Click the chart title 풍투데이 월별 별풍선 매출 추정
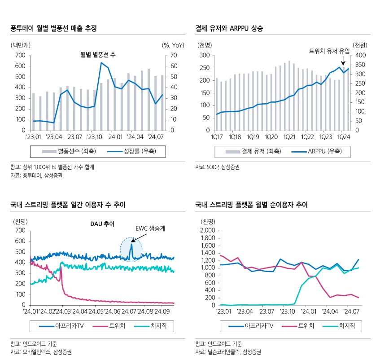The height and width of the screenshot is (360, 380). pos(53,28)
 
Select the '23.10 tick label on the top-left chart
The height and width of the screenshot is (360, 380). pos(95,137)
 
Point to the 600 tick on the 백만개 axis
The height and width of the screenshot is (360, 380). pos(20,66)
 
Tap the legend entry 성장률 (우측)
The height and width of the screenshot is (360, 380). pos(132,151)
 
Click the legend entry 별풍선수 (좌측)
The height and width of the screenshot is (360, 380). pos(69,151)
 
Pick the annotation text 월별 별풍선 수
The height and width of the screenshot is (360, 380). pos(98,55)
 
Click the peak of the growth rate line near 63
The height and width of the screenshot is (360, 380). pos(101,63)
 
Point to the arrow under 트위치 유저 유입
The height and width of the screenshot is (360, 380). pos(343,60)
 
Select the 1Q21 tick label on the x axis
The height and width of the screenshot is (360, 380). pos(289,137)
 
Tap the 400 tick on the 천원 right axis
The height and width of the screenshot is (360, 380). pos(360,55)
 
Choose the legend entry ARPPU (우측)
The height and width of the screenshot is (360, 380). pos(317,151)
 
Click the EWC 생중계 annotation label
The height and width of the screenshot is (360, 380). pos(150,228)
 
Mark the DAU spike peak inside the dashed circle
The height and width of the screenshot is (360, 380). pos(131,244)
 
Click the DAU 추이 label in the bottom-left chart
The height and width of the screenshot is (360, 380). pos(102,224)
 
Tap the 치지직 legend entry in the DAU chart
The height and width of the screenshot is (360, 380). pos(150,325)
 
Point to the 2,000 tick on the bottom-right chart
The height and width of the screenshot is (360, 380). pos(207,230)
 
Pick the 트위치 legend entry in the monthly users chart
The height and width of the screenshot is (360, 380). pos(298,325)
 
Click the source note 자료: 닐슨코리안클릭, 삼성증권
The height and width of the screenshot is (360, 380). pos(228,352)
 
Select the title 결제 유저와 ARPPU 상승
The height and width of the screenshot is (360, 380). pos(229,28)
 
